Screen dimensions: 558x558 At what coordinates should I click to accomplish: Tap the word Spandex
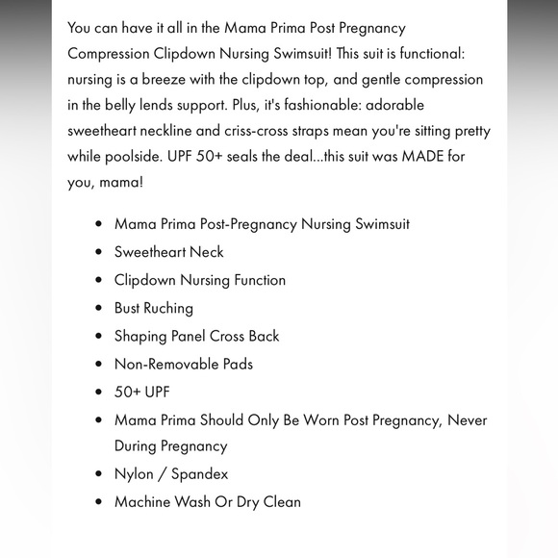click(x=199, y=473)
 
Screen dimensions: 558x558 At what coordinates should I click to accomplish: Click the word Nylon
click(x=135, y=473)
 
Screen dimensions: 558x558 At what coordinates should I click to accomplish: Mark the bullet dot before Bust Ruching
click(x=99, y=309)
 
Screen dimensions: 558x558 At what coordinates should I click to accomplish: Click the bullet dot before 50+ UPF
click(x=99, y=393)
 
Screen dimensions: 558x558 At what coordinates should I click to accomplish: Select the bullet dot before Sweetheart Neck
click(x=99, y=252)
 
